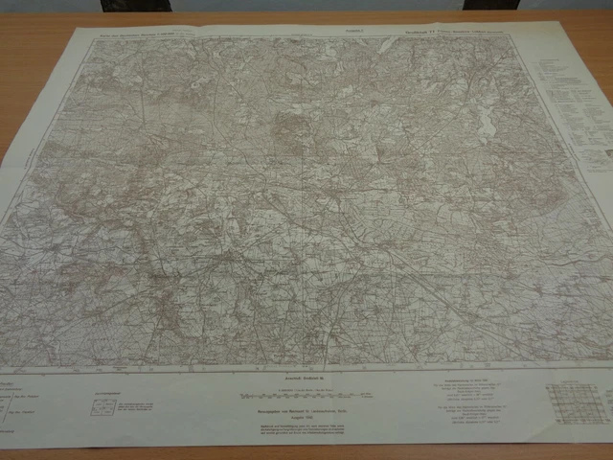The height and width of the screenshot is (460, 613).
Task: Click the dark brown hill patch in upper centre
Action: [x=286, y=129]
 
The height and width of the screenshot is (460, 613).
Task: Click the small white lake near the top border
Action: [x=385, y=43]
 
